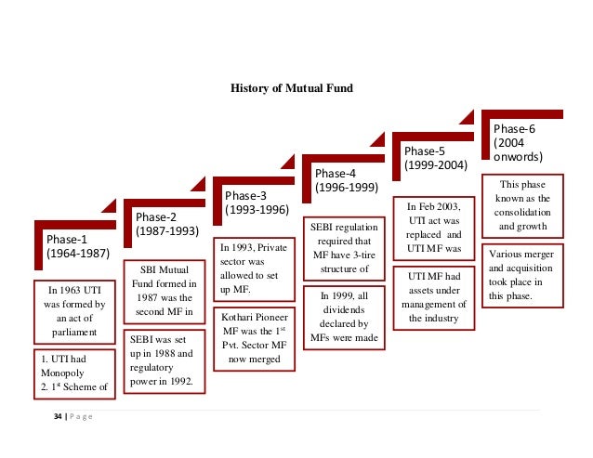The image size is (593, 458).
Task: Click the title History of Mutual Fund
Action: click(x=292, y=89)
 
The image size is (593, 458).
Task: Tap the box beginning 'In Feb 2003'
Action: click(x=435, y=226)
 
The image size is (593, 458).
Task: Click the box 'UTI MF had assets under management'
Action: click(x=435, y=296)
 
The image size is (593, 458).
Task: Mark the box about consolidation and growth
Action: click(x=523, y=204)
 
